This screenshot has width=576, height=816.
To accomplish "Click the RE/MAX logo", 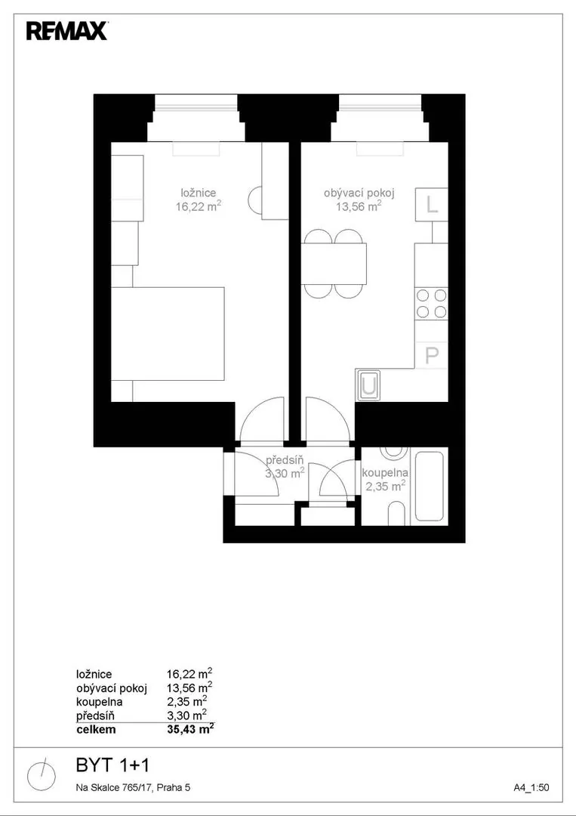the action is [x=67, y=31].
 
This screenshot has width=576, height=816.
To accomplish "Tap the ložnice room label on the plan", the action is [x=195, y=193].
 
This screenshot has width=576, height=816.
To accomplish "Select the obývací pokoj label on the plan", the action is [x=359, y=193].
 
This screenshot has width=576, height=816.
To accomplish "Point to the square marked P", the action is [x=432, y=354].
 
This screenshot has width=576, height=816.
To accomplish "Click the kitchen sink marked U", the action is [x=368, y=385].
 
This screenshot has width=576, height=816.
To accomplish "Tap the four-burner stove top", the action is [x=432, y=304].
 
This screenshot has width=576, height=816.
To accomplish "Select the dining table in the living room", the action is [x=334, y=264].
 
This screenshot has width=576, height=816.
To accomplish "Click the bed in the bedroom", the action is [x=168, y=333].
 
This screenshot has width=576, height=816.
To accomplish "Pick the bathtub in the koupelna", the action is [x=429, y=487].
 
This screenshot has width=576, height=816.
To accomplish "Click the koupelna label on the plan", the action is [x=385, y=473].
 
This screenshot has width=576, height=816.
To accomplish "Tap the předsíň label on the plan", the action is [x=285, y=460].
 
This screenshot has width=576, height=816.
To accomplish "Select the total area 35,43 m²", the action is [x=190, y=729].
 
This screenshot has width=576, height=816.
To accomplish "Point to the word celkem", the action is [x=96, y=729].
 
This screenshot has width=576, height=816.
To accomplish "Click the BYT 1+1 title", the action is [x=112, y=765].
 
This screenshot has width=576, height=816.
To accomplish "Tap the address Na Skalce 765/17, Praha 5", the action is [x=133, y=788].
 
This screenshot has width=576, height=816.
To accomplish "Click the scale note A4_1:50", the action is [x=531, y=788].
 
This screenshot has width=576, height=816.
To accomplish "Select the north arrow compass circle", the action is [x=42, y=774].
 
